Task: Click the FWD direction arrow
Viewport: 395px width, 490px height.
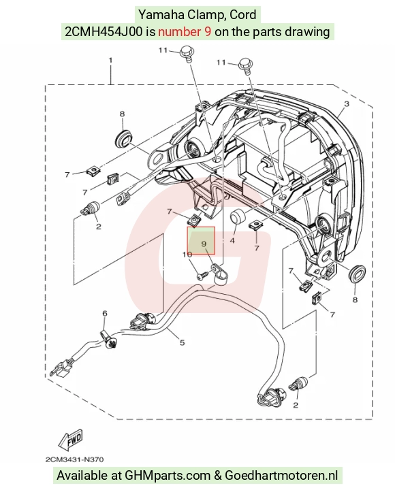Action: coord(70,440)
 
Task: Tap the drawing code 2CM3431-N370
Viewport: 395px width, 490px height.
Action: coord(74,459)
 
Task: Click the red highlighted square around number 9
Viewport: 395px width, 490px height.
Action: coord(201,240)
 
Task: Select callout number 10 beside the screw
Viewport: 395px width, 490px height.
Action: coord(187,255)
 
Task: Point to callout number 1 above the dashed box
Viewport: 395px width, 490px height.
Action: coord(110,60)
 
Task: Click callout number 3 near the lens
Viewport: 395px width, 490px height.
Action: coord(347,103)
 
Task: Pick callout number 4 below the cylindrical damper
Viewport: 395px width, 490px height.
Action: coord(232,241)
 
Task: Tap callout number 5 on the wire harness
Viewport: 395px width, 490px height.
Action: coord(182,342)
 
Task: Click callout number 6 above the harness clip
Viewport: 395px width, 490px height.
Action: coord(105,313)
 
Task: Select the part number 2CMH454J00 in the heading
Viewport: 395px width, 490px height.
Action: coord(104,31)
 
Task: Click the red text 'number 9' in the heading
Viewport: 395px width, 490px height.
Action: coord(185,31)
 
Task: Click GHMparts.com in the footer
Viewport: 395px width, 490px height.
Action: coord(168,476)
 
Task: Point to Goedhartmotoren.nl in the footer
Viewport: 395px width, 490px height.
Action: coord(281,476)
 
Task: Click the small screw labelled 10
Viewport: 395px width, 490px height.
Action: coord(202,276)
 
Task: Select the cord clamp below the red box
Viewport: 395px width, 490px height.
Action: coord(219,274)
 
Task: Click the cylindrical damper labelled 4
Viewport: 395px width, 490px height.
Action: coord(238,216)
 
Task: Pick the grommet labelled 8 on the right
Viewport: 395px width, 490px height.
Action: coord(356,274)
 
